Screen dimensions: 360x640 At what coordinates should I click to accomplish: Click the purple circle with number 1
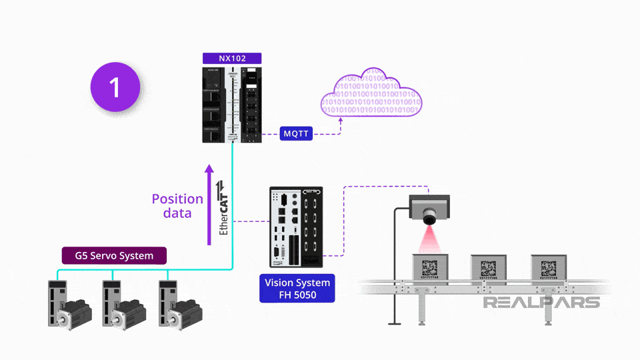click(x=115, y=87)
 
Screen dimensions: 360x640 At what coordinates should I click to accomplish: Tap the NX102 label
click(x=232, y=59)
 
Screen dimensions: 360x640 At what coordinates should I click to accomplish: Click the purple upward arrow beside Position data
click(x=209, y=203)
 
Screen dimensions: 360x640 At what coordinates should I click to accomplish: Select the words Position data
click(x=177, y=206)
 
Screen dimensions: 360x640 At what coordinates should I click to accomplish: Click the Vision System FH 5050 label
click(x=297, y=288)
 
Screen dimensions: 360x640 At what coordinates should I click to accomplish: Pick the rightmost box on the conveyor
click(x=549, y=268)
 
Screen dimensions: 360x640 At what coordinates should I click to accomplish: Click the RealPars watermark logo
click(x=541, y=303)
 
